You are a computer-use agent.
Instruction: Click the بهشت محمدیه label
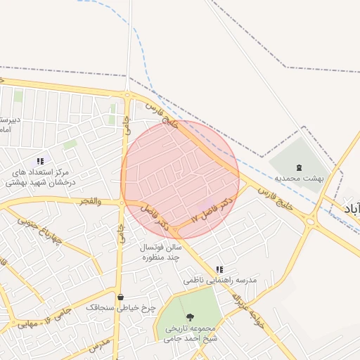pos(299,179)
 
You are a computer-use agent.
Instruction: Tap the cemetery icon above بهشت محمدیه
pos(300,167)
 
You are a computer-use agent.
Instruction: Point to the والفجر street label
pos(91,202)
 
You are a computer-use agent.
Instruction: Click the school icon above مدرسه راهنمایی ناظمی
pos(220,269)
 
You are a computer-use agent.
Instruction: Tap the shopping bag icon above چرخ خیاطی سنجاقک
pos(120,297)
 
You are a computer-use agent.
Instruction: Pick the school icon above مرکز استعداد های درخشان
pos(39,161)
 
